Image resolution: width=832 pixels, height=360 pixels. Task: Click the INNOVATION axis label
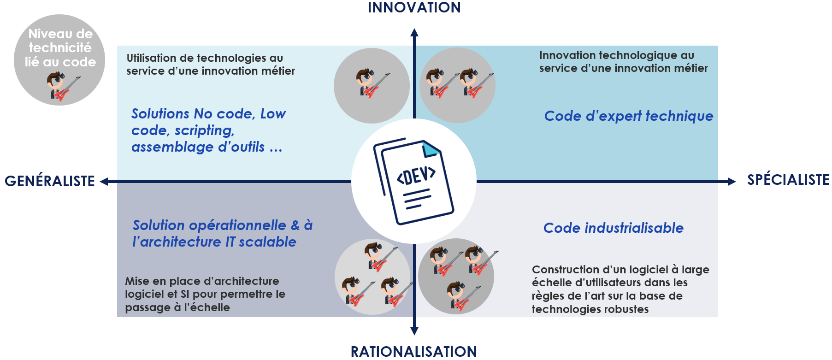(414, 8)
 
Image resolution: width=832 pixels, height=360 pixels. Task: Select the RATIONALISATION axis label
(413, 352)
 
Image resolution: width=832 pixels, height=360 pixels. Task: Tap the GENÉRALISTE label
(50, 181)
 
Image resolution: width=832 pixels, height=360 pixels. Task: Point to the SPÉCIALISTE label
(788, 180)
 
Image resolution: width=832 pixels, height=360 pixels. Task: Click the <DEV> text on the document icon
(416, 176)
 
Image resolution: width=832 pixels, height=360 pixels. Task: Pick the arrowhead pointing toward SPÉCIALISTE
(732, 182)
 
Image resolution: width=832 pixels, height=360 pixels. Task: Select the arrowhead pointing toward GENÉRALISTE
(105, 182)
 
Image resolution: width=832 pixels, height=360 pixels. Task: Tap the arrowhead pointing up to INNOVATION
(414, 33)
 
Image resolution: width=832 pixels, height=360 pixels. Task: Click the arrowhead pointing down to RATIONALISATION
(414, 330)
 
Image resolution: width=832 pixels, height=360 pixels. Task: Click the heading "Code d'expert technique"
(628, 116)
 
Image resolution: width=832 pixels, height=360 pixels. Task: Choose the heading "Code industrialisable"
(613, 228)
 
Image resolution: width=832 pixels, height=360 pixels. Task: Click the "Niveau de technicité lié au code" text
(60, 48)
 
